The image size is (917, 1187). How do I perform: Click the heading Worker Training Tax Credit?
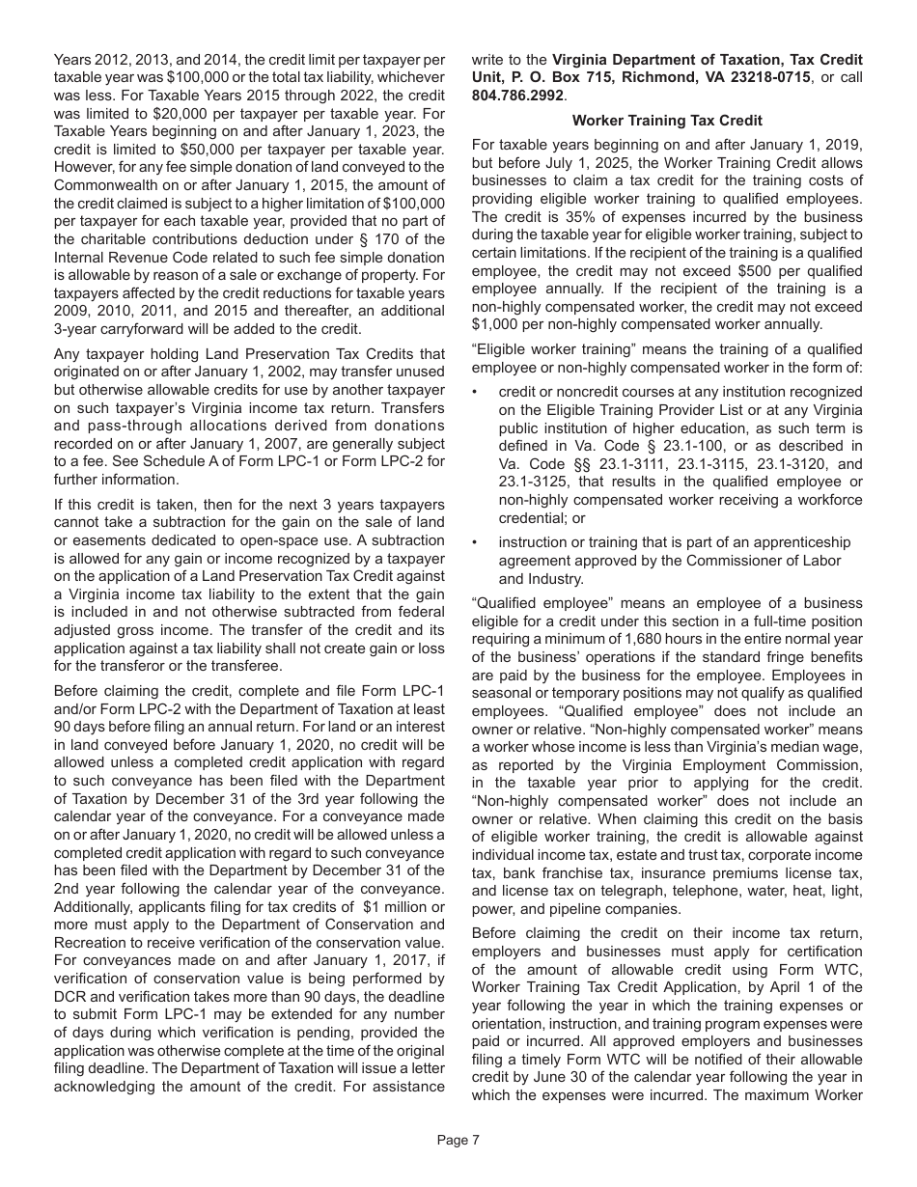666,121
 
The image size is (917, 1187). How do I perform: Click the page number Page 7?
458,1140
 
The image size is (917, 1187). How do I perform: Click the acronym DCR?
72,996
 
